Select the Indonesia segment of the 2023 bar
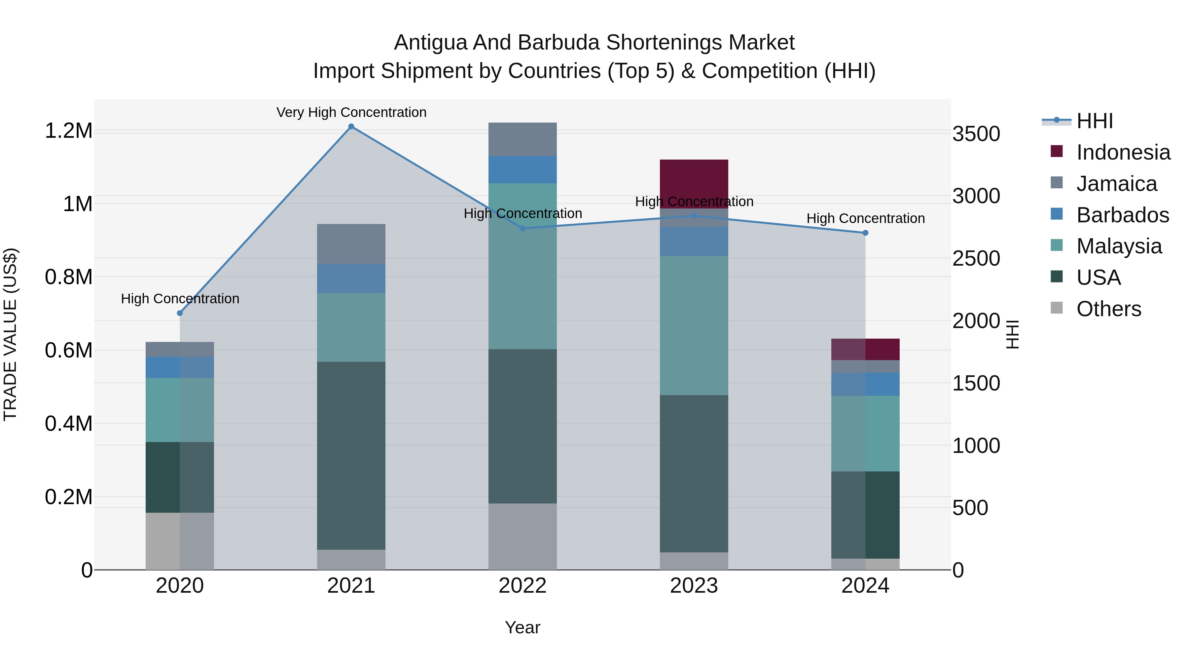point(694,184)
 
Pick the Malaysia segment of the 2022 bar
point(522,266)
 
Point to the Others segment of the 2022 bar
point(522,536)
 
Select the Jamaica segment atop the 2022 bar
point(522,139)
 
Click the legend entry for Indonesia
point(1123,152)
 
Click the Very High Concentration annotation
point(351,112)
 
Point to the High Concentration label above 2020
point(180,299)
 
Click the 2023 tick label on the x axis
point(694,586)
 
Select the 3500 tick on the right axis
point(976,134)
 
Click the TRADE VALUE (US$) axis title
point(11,334)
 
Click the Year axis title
point(522,627)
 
